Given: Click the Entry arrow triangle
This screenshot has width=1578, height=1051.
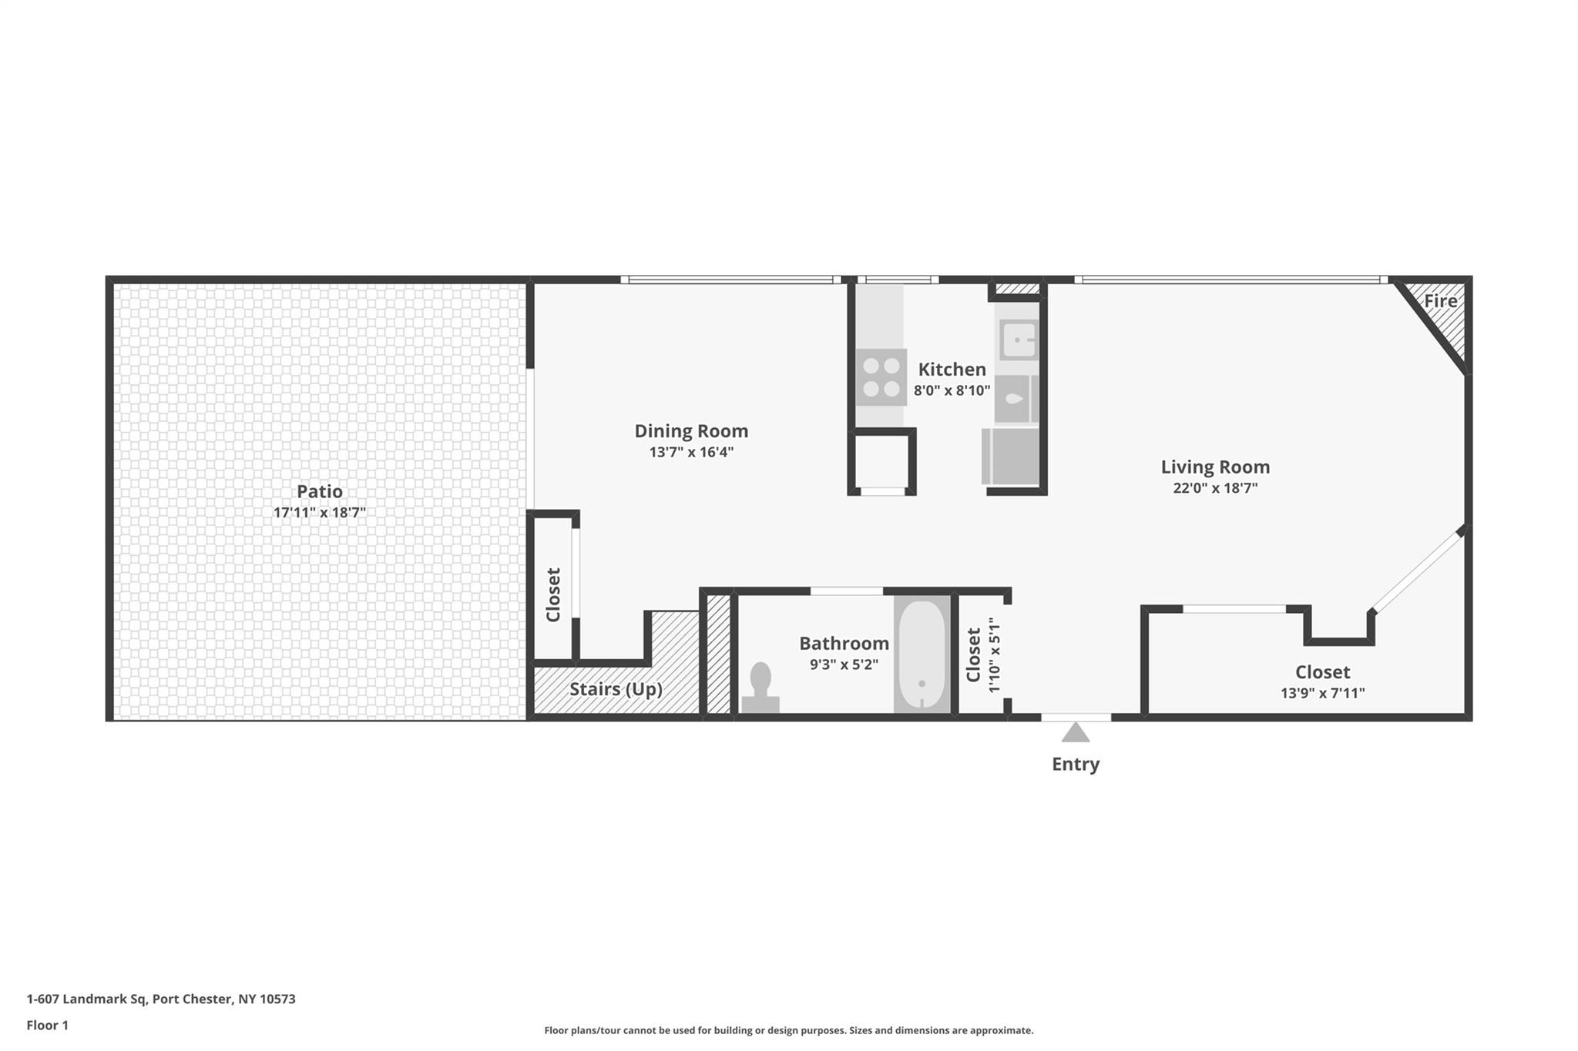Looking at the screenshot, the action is pyautogui.click(x=1076, y=732).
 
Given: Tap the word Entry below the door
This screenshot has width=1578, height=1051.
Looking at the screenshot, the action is pyautogui.click(x=1076, y=764).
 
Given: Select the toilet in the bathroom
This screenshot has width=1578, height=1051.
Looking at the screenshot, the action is pyautogui.click(x=760, y=688).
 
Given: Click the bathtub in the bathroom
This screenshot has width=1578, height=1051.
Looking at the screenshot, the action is pyautogui.click(x=922, y=654).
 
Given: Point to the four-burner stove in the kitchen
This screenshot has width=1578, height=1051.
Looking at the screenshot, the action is pyautogui.click(x=881, y=377).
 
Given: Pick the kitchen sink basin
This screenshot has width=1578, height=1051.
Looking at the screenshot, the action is pyautogui.click(x=1019, y=340).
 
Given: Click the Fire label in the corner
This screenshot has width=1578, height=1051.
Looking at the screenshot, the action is pyautogui.click(x=1440, y=301).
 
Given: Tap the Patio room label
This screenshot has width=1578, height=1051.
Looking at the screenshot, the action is pyautogui.click(x=320, y=491).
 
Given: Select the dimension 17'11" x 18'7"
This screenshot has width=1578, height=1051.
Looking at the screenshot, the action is pyautogui.click(x=320, y=513).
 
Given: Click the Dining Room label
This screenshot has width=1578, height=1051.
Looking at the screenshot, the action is pyautogui.click(x=691, y=431).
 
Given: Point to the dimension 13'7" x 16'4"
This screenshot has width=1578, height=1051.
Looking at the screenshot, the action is pyautogui.click(x=691, y=452).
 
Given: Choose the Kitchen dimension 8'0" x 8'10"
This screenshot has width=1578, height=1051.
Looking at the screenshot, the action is pyautogui.click(x=952, y=390).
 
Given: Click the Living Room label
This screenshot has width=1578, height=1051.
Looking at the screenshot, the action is pyautogui.click(x=1215, y=467).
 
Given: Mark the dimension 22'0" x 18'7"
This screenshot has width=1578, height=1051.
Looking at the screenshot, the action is pyautogui.click(x=1215, y=487).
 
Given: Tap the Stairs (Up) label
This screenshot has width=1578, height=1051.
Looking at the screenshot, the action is pyautogui.click(x=616, y=689).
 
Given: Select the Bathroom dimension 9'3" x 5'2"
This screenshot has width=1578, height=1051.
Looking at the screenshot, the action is pyautogui.click(x=844, y=664).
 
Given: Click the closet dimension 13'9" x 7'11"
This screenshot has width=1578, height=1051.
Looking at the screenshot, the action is pyautogui.click(x=1322, y=693).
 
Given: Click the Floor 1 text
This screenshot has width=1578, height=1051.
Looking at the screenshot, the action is pyautogui.click(x=48, y=1025).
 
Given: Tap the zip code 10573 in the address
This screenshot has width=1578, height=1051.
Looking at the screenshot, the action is pyautogui.click(x=277, y=999).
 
